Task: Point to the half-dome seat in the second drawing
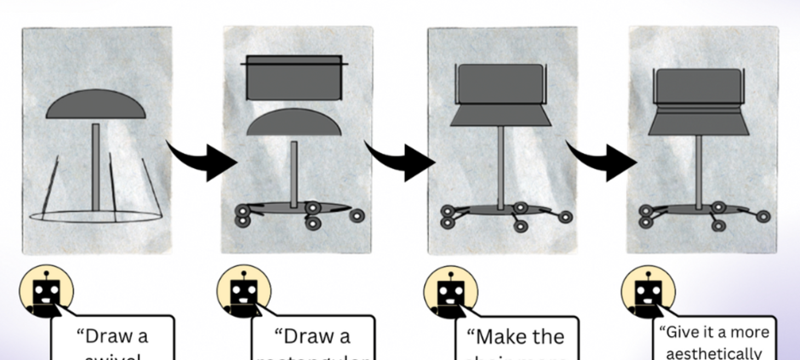pos(294,123)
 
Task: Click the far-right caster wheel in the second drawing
pos(357,216)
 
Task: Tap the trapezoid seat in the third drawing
pos(500,115)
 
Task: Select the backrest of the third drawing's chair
pos(500,83)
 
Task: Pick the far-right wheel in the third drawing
pos(565,218)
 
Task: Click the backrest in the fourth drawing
pos(699,86)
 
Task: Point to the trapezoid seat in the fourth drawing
pos(699,124)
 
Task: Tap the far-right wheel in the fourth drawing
pos(763,217)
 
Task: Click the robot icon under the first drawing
pos(47,292)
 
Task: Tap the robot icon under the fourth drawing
pos(648,292)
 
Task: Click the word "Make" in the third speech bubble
pos(491,336)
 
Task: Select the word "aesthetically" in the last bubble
pos(714,353)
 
